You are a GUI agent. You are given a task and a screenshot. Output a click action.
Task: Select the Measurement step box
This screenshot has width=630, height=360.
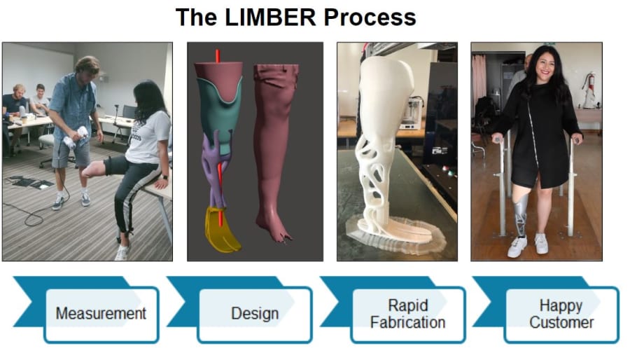(101, 314)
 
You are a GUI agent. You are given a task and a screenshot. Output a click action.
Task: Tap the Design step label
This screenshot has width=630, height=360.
(255, 314)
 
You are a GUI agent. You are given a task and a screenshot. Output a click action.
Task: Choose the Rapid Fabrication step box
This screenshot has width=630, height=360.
(407, 314)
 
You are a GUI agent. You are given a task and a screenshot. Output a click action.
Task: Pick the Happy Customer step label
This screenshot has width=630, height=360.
(561, 314)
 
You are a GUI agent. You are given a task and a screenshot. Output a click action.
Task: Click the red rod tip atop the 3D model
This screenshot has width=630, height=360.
(218, 55)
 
